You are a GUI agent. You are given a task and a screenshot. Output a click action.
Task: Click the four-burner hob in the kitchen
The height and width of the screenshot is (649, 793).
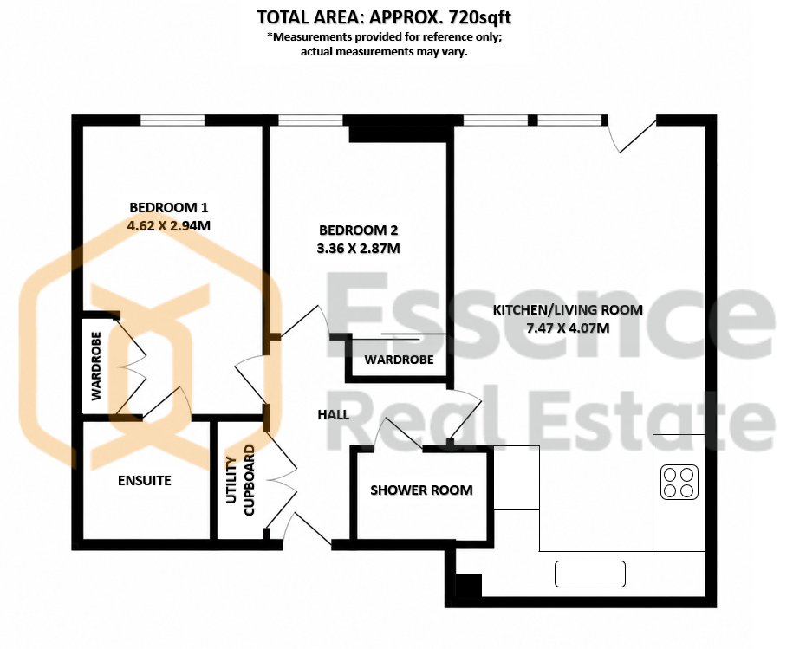[x=679, y=482]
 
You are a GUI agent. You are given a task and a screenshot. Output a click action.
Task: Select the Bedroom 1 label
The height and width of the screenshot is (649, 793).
[x=168, y=207]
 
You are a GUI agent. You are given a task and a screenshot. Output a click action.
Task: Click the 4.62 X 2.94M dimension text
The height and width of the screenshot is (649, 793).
[x=168, y=225]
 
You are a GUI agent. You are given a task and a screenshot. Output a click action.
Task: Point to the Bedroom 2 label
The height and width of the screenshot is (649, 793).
[x=358, y=230]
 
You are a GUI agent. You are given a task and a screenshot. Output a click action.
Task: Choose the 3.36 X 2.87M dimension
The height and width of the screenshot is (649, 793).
[x=358, y=248]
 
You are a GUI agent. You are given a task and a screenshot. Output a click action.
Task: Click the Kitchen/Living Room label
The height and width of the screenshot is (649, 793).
[x=568, y=310]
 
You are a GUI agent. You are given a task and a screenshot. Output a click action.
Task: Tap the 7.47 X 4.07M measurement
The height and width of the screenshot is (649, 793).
[x=568, y=328]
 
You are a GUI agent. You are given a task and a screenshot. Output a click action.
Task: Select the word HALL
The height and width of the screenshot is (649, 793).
[x=334, y=414]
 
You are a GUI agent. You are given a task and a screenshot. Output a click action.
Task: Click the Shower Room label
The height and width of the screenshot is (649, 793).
[x=421, y=490]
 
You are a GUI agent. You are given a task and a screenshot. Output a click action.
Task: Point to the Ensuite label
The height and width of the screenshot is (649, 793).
[x=145, y=480]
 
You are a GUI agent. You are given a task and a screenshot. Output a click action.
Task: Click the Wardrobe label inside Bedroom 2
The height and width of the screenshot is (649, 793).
[x=399, y=360]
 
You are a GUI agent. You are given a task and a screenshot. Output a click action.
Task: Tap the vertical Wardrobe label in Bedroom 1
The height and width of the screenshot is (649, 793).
[x=96, y=366]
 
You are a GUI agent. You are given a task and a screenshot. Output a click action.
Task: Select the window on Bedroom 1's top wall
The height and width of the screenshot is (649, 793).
[x=172, y=120]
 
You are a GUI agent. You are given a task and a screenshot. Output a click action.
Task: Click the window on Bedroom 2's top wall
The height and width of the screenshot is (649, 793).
[x=310, y=120]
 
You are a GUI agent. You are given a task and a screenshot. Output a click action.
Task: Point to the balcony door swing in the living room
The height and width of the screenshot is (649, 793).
[x=631, y=136]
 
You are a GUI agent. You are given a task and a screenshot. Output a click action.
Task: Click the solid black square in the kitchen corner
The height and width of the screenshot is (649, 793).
[x=468, y=586]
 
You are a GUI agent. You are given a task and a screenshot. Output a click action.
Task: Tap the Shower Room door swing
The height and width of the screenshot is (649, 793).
[x=399, y=433]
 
